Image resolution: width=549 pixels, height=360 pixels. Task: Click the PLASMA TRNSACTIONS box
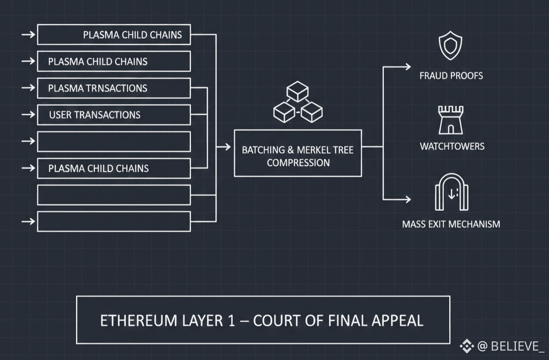coord(114,88)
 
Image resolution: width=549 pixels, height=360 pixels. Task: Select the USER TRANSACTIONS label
coord(94,115)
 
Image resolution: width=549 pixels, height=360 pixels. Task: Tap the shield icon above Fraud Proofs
coord(450,46)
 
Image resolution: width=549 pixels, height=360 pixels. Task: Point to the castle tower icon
coord(451,120)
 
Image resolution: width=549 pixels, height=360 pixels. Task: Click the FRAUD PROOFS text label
coord(451,76)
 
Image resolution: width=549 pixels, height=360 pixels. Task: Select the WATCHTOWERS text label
coord(452,146)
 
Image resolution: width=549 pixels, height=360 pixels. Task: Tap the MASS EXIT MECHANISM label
coord(451,224)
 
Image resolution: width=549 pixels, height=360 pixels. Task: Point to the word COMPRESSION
coord(298,162)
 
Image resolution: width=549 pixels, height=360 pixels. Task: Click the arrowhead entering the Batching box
coord(227,146)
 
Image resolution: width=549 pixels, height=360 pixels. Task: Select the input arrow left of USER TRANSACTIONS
coord(28,114)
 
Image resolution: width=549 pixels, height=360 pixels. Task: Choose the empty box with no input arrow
coord(114,195)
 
